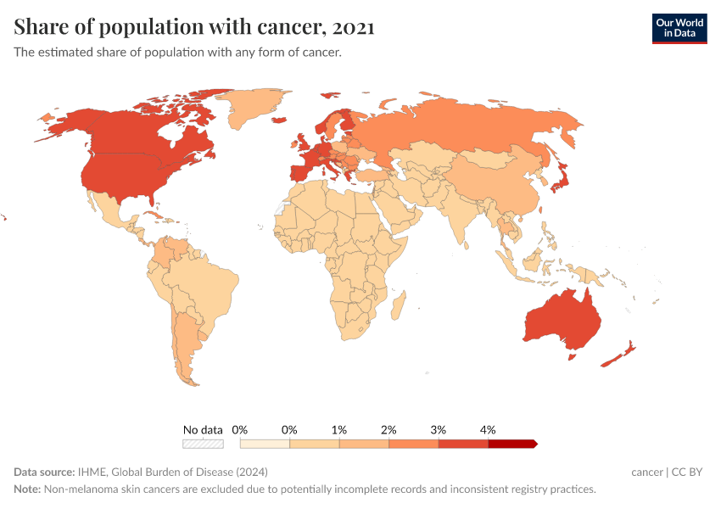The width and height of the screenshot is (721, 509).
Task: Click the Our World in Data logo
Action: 679,28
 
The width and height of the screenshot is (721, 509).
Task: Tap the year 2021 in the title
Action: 354,27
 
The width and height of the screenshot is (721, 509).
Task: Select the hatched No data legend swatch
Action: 203,443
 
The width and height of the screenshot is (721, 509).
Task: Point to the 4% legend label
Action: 488,430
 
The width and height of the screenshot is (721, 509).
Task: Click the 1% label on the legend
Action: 339,430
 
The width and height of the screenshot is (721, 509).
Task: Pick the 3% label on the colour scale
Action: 439,430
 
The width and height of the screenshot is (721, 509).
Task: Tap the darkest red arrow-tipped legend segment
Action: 512,443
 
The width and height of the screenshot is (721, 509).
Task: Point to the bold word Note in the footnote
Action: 28,489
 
